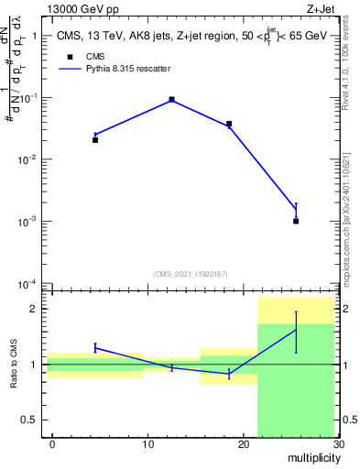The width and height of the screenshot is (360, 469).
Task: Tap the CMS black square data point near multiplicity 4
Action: [95, 140]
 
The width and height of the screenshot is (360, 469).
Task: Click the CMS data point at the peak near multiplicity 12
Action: [172, 99]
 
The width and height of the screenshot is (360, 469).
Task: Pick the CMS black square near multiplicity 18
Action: [229, 124]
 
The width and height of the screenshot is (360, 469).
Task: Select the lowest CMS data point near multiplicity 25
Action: [296, 221]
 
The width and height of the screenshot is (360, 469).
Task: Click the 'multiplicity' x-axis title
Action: [309, 457]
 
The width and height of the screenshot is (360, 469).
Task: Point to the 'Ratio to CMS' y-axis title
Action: [15, 365]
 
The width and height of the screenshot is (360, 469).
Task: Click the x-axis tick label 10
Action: [147, 444]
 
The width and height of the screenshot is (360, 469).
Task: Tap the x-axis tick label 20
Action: [243, 444]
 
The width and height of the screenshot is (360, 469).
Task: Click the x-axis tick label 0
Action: [52, 444]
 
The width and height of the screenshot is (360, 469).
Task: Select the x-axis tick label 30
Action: [337, 444]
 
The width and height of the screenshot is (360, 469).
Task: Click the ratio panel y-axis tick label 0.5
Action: [34, 420]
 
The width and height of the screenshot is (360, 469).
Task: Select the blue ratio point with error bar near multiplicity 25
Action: [296, 329]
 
